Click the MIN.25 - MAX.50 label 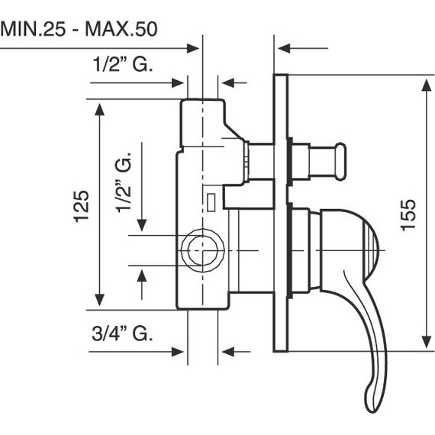[79, 29]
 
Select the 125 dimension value [82, 206]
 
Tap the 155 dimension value [408, 215]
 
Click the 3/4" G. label [122, 333]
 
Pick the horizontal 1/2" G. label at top [123, 63]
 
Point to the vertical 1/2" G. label [123, 182]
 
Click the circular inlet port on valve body [203, 250]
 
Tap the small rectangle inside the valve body [211, 202]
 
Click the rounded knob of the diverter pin [341, 162]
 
